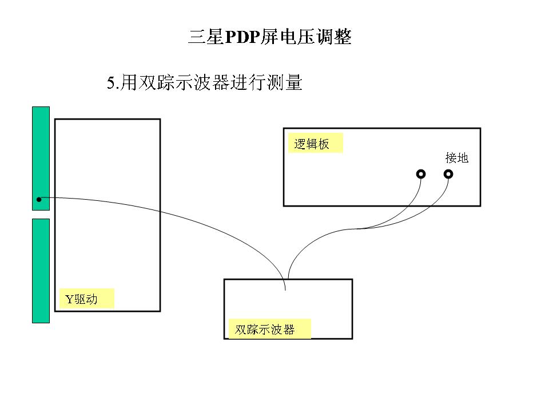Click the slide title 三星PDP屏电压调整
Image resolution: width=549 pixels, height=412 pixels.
(x=269, y=38)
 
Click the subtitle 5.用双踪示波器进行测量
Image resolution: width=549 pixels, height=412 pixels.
(x=204, y=83)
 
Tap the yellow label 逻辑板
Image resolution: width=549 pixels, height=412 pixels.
(x=312, y=144)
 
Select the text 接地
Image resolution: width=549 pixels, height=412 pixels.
(x=457, y=158)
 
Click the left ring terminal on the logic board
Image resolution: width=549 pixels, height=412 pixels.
(x=421, y=173)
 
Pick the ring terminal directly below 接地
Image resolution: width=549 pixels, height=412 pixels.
(x=448, y=173)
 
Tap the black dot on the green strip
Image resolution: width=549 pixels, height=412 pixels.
(x=39, y=200)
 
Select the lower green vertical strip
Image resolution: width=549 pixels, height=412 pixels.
(x=41, y=270)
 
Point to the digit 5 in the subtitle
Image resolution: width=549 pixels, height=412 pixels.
(x=110, y=84)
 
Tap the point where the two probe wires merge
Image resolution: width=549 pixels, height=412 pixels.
(x=356, y=229)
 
